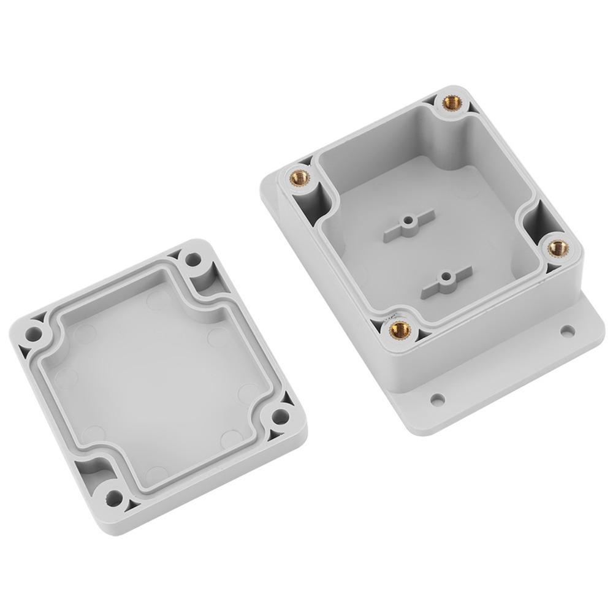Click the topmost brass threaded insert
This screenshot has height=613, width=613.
tap(453, 102)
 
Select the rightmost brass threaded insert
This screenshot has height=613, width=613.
tap(558, 248)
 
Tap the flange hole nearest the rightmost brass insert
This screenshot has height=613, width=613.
tap(568, 332)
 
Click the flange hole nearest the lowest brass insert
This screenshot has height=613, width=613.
tap(437, 400)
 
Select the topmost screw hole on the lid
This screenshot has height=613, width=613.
tap(193, 259)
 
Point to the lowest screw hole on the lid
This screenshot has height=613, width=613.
tap(114, 498)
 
